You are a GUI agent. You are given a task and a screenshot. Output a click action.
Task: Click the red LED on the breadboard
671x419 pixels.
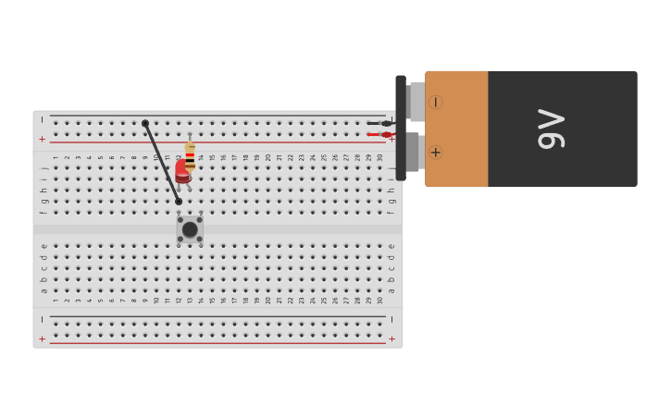pyautogui.click(x=182, y=170)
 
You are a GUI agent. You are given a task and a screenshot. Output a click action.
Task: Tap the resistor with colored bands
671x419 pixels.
pyautogui.click(x=190, y=155)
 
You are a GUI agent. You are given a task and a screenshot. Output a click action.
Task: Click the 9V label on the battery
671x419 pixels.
pyautogui.click(x=551, y=129)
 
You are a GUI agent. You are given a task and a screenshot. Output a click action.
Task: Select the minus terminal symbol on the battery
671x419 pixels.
pyautogui.click(x=435, y=102)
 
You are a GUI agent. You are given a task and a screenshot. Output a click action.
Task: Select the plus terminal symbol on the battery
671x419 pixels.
pyautogui.click(x=435, y=152)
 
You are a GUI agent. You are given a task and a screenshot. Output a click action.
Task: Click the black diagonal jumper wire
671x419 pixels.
pyautogui.click(x=162, y=163)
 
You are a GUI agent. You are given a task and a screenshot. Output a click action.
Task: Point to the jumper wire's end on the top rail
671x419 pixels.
pyautogui.click(x=145, y=123)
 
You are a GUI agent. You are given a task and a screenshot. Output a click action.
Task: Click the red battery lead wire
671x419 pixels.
pyautogui.click(x=379, y=135)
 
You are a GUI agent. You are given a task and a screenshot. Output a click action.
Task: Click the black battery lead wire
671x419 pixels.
pyautogui.click(x=379, y=123)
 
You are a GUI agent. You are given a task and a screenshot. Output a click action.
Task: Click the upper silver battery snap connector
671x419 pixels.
pyautogui.click(x=416, y=102)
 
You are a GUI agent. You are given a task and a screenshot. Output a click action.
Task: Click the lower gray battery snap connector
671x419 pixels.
pyautogui.click(x=413, y=152)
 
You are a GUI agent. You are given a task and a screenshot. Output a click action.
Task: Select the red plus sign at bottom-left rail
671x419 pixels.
pyautogui.click(x=42, y=339)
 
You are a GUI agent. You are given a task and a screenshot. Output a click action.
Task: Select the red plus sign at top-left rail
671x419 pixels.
pyautogui.click(x=42, y=139)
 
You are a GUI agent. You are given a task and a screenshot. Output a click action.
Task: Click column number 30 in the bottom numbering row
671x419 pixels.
pyautogui.click(x=379, y=300)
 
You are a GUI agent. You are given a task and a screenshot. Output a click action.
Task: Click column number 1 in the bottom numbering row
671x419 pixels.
pyautogui.click(x=56, y=300)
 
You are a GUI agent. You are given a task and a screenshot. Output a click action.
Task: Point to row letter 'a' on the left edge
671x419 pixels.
pyautogui.click(x=43, y=290)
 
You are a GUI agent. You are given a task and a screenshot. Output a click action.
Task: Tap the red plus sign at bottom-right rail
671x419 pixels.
pyautogui.click(x=391, y=339)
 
